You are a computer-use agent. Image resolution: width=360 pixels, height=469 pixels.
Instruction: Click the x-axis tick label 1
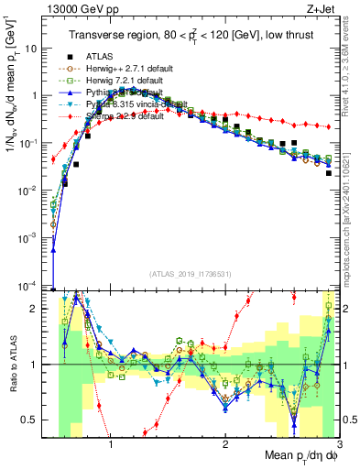point(111,446)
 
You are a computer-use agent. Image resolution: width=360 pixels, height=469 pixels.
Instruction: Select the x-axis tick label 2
point(225,446)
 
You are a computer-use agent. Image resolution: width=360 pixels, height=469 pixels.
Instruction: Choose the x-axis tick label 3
point(338,446)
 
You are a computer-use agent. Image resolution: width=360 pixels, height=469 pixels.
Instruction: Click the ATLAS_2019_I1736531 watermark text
point(189,274)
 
